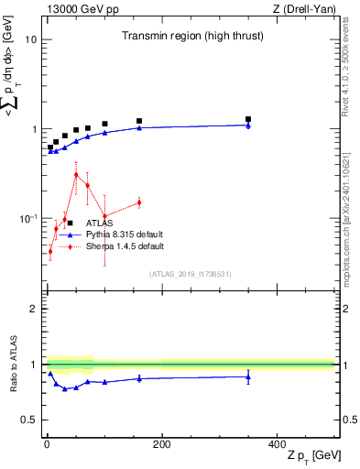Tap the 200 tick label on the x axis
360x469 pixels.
tap(161, 443)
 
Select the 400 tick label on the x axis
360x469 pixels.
tap(277, 443)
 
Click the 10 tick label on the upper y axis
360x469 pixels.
tap(30, 40)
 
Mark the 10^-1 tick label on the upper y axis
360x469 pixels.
tap(27, 218)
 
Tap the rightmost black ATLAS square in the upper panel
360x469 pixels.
tap(248, 119)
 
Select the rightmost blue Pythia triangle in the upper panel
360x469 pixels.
tap(248, 125)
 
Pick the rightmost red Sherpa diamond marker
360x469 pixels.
tap(139, 202)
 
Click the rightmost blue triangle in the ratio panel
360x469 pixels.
tap(248, 376)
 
